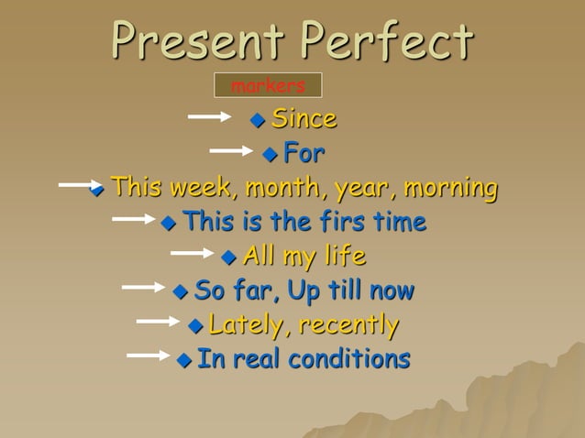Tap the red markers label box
pyautogui.click(x=268, y=85)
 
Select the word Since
pyautogui.click(x=304, y=118)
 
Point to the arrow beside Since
pyautogui.click(x=210, y=116)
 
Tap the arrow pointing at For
pyautogui.click(x=231, y=149)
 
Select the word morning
pyautogui.click(x=452, y=188)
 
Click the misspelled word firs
pyautogui.click(x=357, y=222)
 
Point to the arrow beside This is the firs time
pyautogui.click(x=133, y=219)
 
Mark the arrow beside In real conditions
pyautogui.click(x=149, y=355)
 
